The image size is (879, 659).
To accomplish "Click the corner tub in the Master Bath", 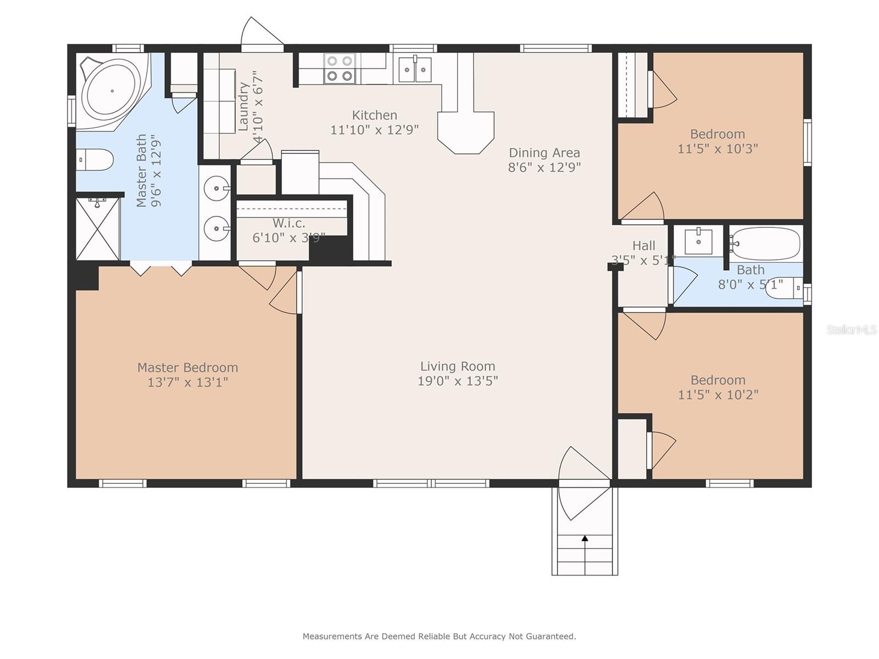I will click(112, 91).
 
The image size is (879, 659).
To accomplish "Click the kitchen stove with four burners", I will click(339, 69).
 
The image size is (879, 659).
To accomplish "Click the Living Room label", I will click(458, 366).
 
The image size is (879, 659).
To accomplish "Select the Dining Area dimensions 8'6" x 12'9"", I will click(544, 167).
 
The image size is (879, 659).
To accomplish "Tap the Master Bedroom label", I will click(187, 367).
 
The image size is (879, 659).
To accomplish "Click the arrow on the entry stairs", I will click(585, 539).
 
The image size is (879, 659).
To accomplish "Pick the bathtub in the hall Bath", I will click(765, 243).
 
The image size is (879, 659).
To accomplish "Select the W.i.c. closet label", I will click(288, 224).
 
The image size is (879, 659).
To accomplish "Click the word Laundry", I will click(243, 107).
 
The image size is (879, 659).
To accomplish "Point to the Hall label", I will click(643, 245).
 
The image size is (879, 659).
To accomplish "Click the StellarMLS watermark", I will click(851, 329).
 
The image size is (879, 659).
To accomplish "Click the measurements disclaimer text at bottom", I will click(439, 636).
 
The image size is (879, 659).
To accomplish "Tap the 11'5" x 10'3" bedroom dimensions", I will click(717, 149).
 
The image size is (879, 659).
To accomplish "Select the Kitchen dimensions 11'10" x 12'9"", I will click(374, 130).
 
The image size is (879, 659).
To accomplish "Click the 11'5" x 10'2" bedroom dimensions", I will click(717, 395).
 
